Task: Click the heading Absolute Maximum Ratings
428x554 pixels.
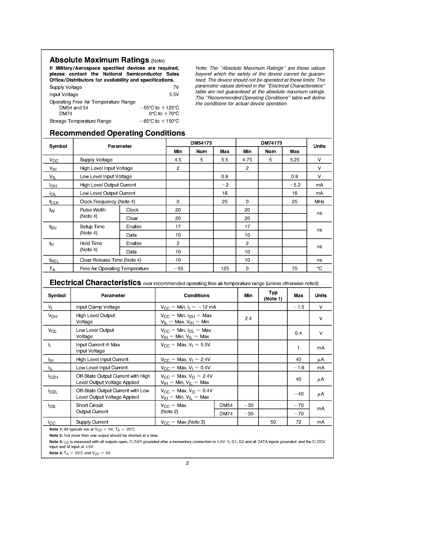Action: click(x=99, y=60)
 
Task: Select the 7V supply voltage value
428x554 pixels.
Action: click(x=176, y=87)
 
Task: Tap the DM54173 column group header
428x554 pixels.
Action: click(x=201, y=143)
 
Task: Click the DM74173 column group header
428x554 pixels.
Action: click(x=271, y=143)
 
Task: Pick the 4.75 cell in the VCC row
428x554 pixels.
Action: click(x=247, y=160)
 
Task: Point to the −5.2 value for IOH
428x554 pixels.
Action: click(x=295, y=185)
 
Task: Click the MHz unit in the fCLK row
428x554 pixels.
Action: click(x=319, y=202)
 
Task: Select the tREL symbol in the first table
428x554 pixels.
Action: click(x=54, y=260)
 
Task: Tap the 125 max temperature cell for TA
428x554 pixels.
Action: click(x=225, y=268)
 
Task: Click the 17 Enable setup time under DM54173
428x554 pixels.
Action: click(x=178, y=226)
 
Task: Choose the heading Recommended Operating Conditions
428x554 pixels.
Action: click(x=117, y=133)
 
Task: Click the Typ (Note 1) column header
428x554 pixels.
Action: click(x=273, y=296)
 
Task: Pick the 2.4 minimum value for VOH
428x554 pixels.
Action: click(x=248, y=318)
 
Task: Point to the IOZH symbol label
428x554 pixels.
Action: click(x=53, y=377)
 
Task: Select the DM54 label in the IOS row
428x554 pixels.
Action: click(x=226, y=405)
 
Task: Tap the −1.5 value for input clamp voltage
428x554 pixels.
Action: click(x=298, y=307)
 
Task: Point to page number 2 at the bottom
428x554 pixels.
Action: click(x=187, y=463)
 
